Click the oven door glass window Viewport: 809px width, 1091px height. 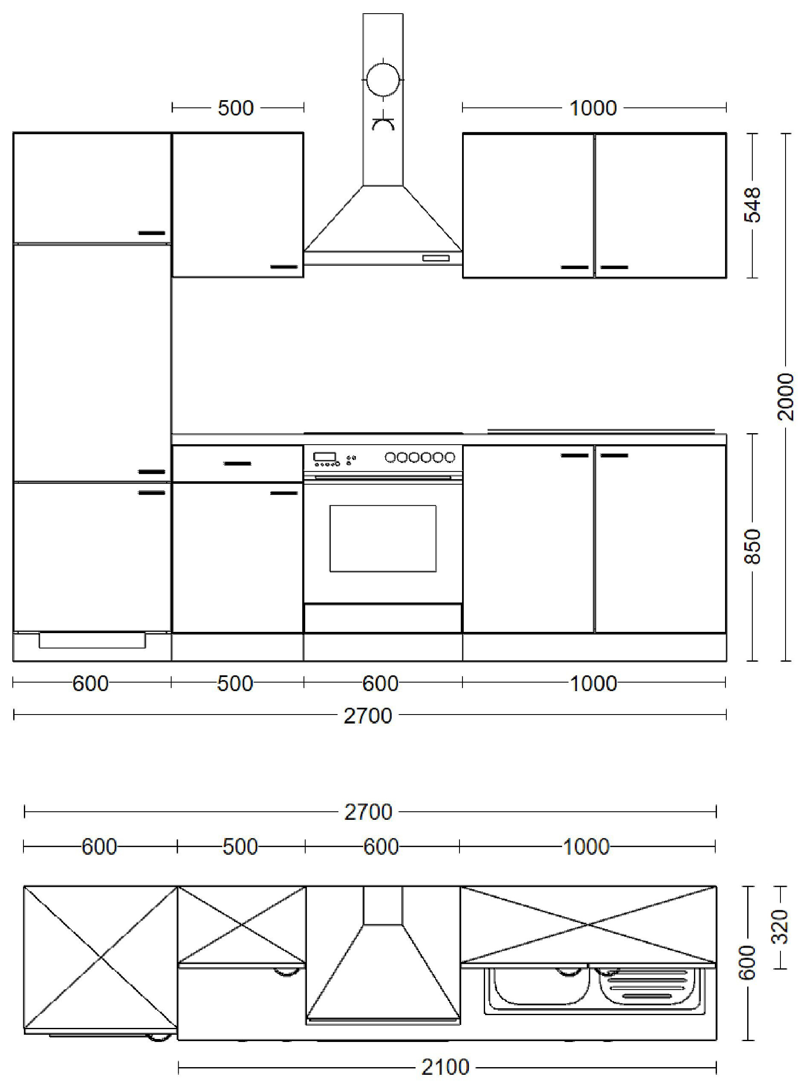pyautogui.click(x=382, y=538)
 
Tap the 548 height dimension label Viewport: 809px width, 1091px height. pyautogui.click(x=753, y=205)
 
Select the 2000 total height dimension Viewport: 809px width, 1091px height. pyautogui.click(x=785, y=396)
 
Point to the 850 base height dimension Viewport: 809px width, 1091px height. pyautogui.click(x=753, y=547)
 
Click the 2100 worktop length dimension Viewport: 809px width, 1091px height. pyautogui.click(x=445, y=1067)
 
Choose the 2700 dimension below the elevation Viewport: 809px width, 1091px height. pyautogui.click(x=368, y=716)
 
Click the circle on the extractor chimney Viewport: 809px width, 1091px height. pyautogui.click(x=382, y=79)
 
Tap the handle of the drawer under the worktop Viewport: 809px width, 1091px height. pyautogui.click(x=237, y=463)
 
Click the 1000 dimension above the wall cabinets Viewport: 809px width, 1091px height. pyautogui.click(x=592, y=108)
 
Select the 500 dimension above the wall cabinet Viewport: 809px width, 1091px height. pyautogui.click(x=236, y=108)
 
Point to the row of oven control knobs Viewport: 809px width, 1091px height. pyautogui.click(x=420, y=457)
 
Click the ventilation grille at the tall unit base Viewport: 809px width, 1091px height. pyautogui.click(x=92, y=640)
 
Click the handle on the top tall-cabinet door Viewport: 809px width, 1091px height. pyautogui.click(x=152, y=233)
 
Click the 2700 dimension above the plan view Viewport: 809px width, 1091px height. pyautogui.click(x=368, y=812)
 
